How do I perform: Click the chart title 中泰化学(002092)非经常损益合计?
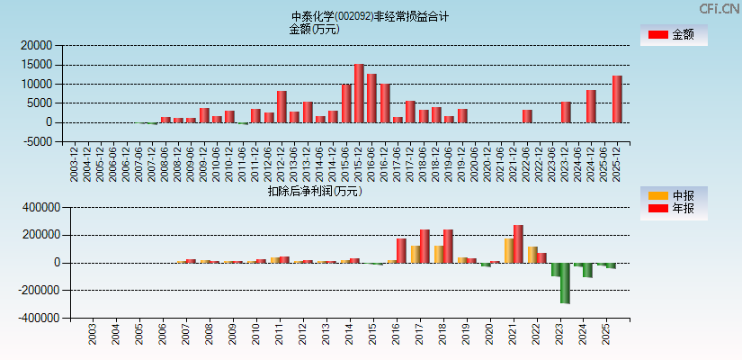pos(370,16)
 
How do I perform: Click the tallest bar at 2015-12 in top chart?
pos(359,94)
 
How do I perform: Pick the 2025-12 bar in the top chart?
pos(617,99)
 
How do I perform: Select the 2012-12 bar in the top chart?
pos(282,106)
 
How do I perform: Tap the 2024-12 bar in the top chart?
pos(591,106)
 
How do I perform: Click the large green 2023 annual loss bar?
pos(565,283)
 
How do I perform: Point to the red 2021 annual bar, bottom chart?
pos(518,244)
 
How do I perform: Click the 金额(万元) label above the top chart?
pos(314,29)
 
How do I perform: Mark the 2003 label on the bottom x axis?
pos(93,335)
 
